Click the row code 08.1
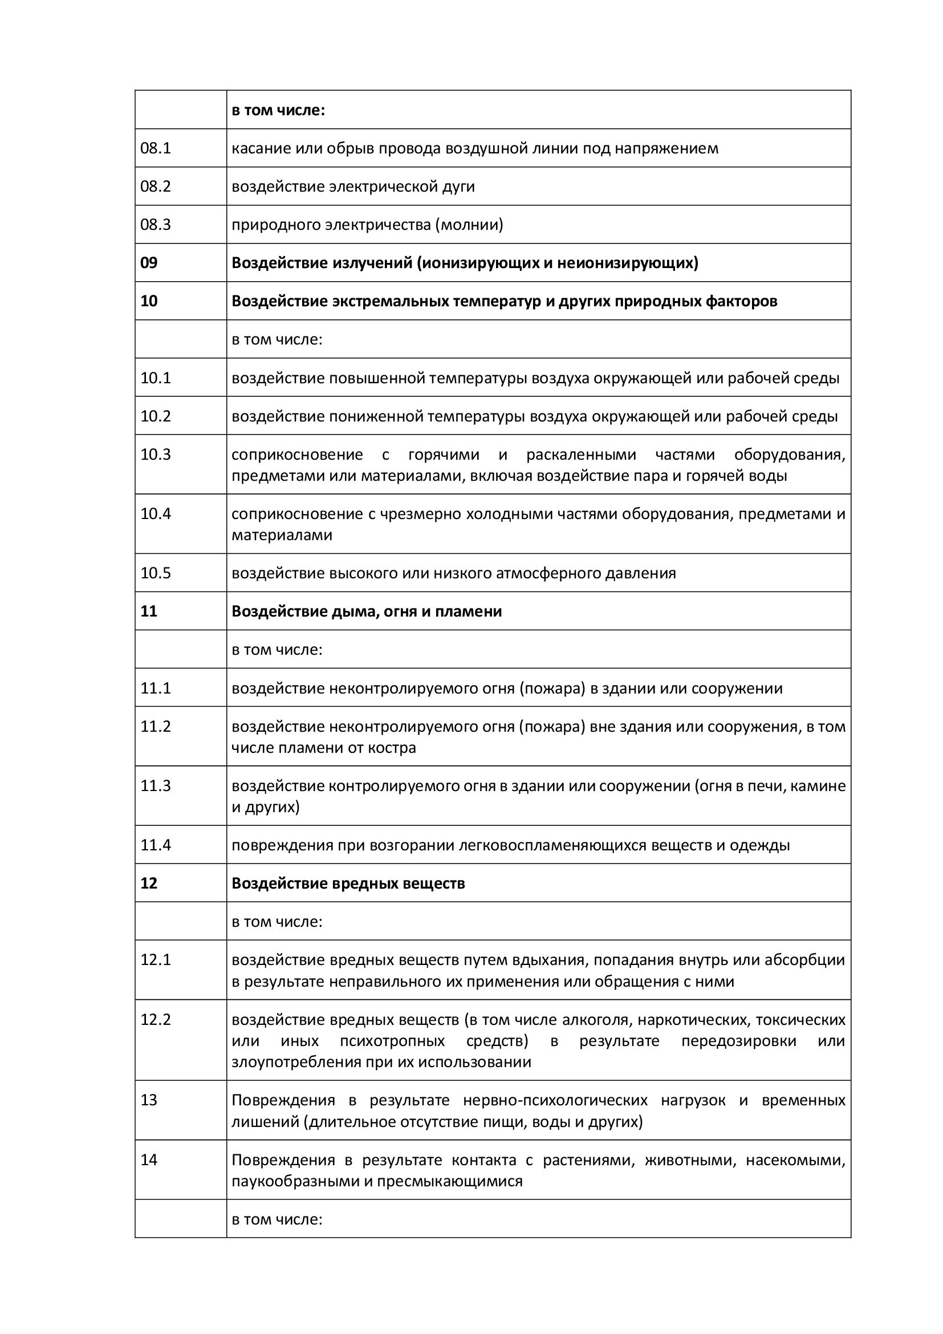pyautogui.click(x=156, y=148)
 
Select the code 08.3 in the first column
pyautogui.click(x=156, y=224)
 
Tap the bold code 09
pyautogui.click(x=149, y=262)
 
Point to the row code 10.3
pyautogui.click(x=156, y=455)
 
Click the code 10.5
pyautogui.click(x=156, y=573)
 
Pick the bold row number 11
pyautogui.click(x=149, y=611)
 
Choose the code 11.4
pyautogui.click(x=156, y=845)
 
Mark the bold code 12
pyautogui.click(x=149, y=883)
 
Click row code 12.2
pyautogui.click(x=156, y=1020)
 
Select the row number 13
pyautogui.click(x=149, y=1100)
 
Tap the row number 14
pyautogui.click(x=149, y=1159)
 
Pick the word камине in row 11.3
pyautogui.click(x=821, y=785)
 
